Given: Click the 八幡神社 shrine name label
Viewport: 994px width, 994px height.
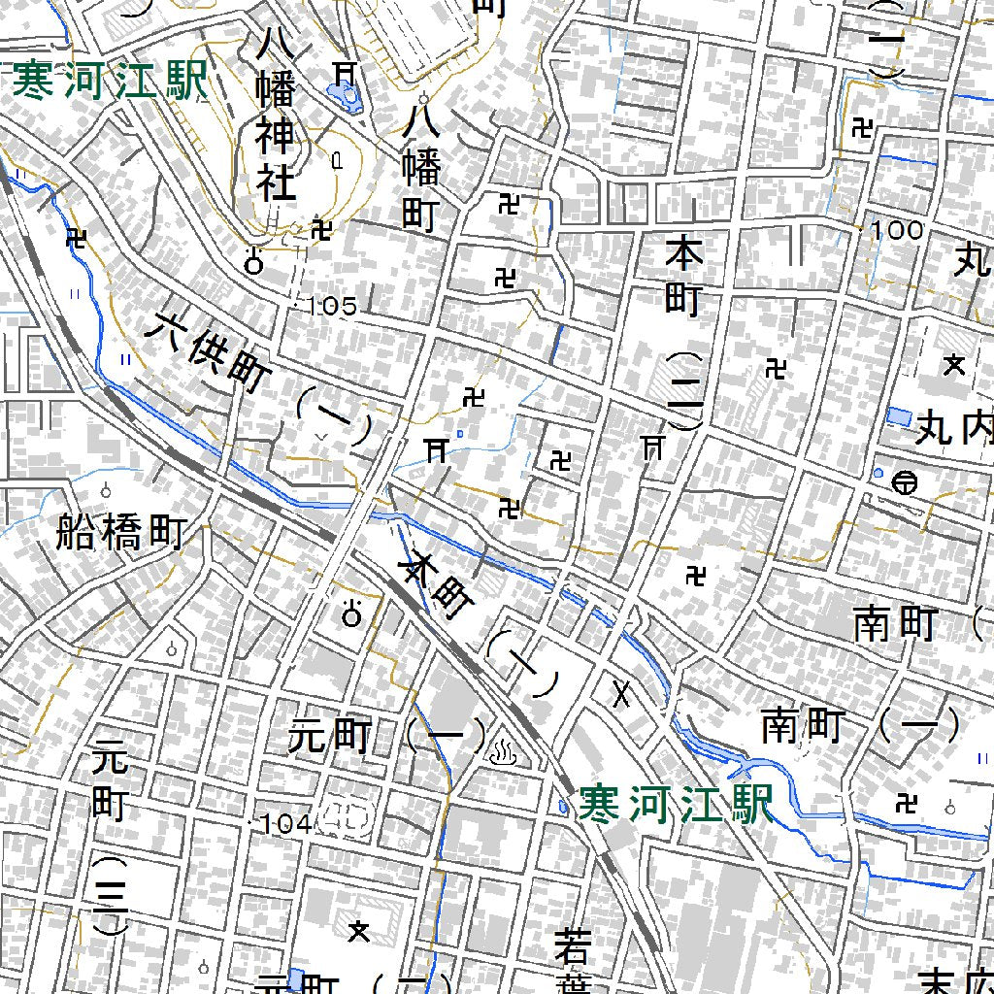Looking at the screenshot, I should click(x=276, y=115).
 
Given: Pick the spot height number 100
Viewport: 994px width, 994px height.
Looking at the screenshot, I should click(x=897, y=231).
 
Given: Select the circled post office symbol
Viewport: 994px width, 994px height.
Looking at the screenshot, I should click(x=904, y=480).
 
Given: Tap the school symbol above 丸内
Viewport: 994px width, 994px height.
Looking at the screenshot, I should click(x=955, y=365).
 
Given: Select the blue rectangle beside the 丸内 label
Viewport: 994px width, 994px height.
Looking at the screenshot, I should click(x=899, y=416).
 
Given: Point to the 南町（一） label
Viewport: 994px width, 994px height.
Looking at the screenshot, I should click(x=860, y=725).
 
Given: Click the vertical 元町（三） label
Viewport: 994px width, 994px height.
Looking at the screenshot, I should click(x=110, y=835).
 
